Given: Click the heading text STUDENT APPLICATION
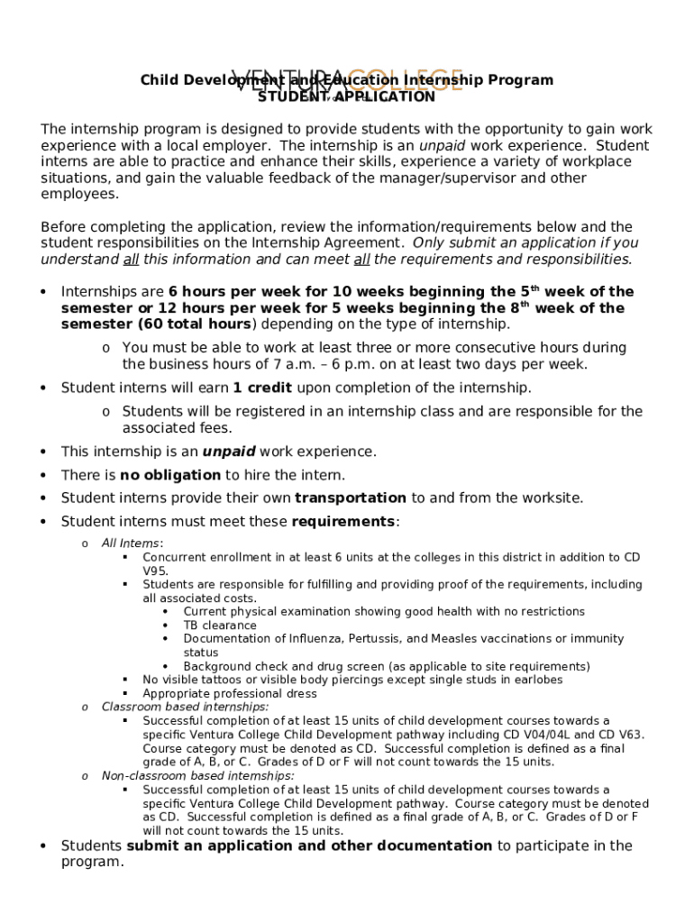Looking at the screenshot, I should [346, 96].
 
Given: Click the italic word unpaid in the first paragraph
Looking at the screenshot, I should [443, 146].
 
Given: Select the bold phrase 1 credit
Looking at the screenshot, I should [262, 388].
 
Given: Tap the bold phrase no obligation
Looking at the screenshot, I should [170, 475].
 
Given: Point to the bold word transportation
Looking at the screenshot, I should [350, 498].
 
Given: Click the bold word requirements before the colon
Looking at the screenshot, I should [343, 522].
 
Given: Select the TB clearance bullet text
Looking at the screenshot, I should [219, 626].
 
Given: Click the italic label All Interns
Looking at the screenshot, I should [132, 544].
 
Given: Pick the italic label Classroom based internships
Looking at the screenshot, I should [185, 708].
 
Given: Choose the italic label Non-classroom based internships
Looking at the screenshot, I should [197, 776].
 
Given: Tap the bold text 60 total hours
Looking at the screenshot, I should [195, 324].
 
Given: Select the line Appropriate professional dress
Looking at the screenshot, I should [229, 694].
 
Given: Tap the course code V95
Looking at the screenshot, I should [155, 571].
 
